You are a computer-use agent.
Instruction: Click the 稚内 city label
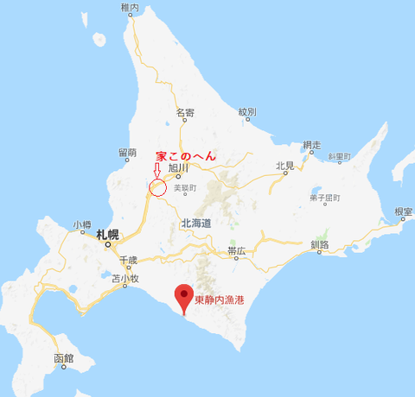pyautogui.click(x=131, y=7)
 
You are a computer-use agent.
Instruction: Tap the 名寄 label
pyautogui.click(x=185, y=113)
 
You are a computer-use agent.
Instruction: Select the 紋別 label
pyautogui.click(x=248, y=113)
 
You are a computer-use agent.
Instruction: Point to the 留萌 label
pyautogui.click(x=126, y=152)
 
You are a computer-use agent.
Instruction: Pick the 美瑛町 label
pyautogui.click(x=186, y=187)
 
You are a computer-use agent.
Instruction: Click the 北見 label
pyautogui.click(x=286, y=166)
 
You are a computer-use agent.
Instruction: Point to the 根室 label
pyautogui.click(x=403, y=211)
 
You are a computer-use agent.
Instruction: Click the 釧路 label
pyautogui.click(x=319, y=245)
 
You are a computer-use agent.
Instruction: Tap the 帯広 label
pyautogui.click(x=238, y=251)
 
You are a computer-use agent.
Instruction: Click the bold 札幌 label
pyautogui.click(x=108, y=234)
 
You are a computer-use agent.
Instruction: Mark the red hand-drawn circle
pyautogui.click(x=157, y=187)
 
